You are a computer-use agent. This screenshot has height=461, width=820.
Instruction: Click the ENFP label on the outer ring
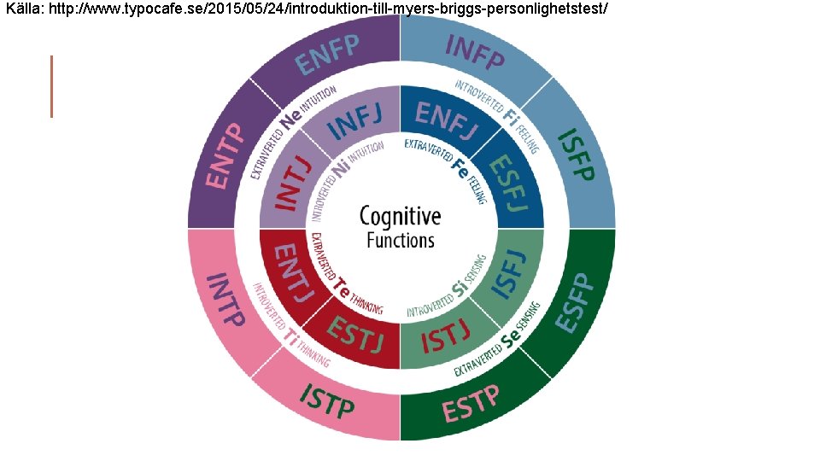[328, 52]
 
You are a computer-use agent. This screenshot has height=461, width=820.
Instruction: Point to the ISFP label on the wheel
[575, 155]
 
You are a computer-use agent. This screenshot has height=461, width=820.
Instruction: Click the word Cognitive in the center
[401, 216]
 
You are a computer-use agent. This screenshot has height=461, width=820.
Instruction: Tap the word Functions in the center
[401, 240]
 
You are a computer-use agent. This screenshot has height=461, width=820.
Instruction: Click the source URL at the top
[307, 8]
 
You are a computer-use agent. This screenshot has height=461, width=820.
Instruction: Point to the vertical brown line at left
[52, 86]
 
